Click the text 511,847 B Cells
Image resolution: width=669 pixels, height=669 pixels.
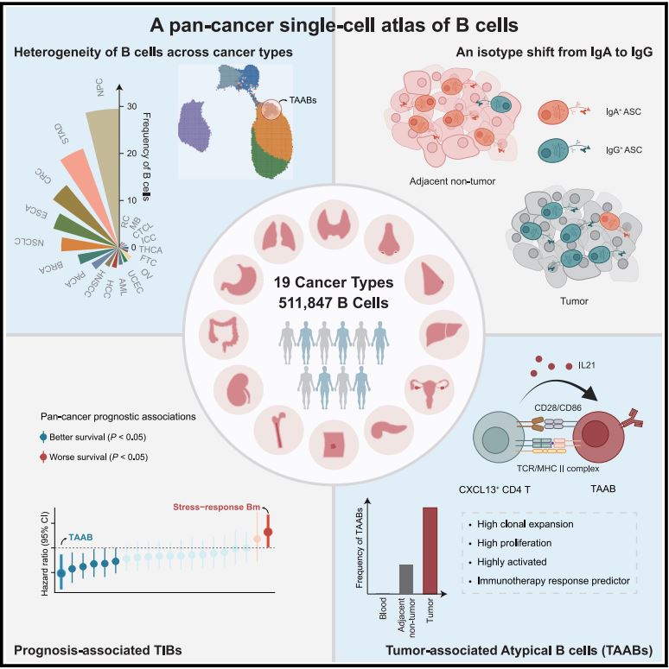(x=334, y=301)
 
